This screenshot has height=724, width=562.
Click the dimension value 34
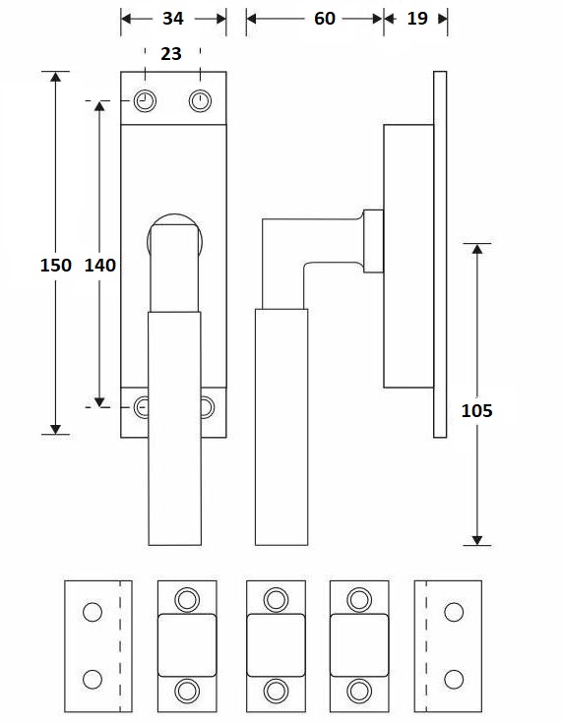coord(172,19)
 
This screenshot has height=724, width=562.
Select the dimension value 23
coord(171,54)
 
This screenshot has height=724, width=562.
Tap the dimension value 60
coord(325,19)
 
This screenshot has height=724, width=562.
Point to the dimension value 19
coord(416,19)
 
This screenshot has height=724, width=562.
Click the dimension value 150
coord(55,265)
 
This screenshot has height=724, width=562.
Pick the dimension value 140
coord(100,265)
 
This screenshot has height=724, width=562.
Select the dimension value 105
coord(476,410)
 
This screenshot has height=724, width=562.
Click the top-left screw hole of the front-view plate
coord(146,100)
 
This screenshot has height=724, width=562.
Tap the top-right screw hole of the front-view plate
coord(201,100)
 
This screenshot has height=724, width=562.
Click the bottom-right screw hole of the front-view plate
coord(206,406)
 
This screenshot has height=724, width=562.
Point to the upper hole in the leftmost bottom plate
coord(92,612)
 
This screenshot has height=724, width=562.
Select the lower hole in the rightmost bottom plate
coord(454,679)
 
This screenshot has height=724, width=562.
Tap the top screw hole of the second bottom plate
coord(186,599)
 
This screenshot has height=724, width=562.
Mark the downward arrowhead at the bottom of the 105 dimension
coord(476,538)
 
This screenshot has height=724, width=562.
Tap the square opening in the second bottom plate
coord(186,644)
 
